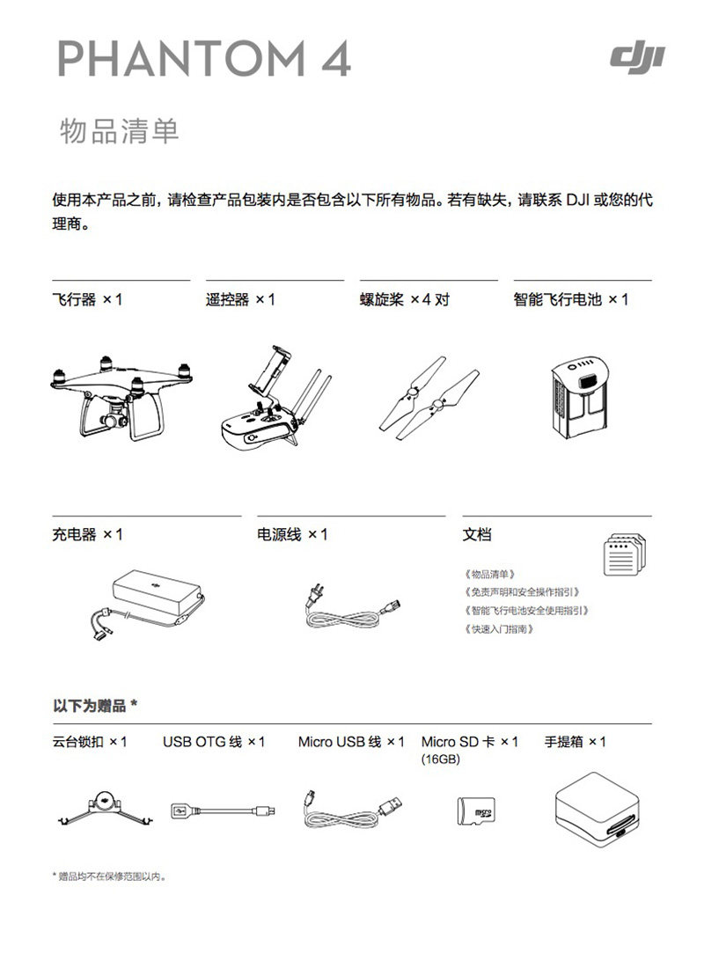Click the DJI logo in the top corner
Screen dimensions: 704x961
click(637, 60)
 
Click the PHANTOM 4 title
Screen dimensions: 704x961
click(204, 59)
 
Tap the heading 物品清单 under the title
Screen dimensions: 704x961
click(120, 131)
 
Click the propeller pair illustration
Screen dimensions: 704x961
click(429, 398)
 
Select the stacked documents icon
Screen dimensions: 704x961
click(624, 554)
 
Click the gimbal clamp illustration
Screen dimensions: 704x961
click(106, 807)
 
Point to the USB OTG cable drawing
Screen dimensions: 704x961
click(223, 811)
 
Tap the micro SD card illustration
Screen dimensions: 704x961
click(476, 811)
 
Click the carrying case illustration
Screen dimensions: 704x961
click(597, 810)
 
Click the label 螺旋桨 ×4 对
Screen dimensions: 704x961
click(405, 300)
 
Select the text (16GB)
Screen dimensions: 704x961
click(440, 759)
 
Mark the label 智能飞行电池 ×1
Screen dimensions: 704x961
click(571, 300)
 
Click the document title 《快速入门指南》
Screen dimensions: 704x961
click(499, 629)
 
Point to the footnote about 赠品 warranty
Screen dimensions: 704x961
click(109, 877)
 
